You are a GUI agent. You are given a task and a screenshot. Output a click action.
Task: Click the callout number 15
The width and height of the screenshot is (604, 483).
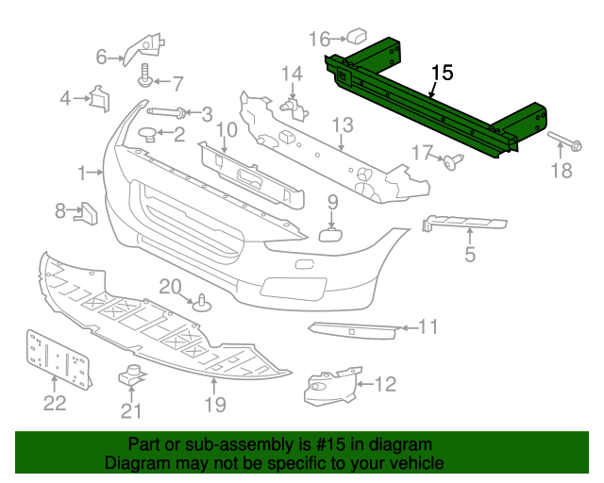pyautogui.click(x=443, y=73)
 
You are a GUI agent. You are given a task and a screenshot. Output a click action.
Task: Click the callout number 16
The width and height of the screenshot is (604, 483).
pyautogui.click(x=319, y=39)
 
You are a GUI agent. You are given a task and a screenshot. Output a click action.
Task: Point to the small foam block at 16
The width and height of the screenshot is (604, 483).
pyautogui.click(x=357, y=37)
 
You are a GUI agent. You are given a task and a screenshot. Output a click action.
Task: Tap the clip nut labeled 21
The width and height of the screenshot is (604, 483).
pyautogui.click(x=129, y=375)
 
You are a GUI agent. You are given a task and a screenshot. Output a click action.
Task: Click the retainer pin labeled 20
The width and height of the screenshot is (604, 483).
pyautogui.click(x=202, y=304)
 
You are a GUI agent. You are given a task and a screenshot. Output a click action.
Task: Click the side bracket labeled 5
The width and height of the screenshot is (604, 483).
pyautogui.click(x=463, y=223)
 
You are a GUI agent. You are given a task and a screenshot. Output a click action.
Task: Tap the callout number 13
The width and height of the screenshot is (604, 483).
pyautogui.click(x=342, y=125)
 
